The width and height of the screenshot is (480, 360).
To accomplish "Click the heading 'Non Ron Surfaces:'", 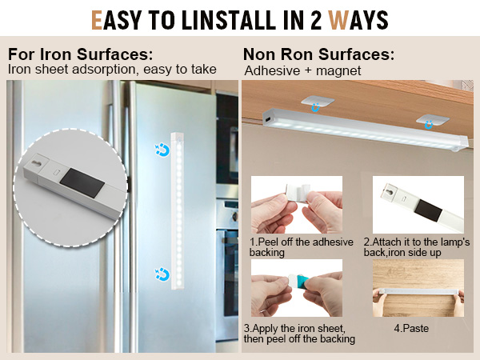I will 318,54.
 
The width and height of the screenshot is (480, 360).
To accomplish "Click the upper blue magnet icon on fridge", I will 161,148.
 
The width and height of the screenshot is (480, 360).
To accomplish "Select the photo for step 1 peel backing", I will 296,205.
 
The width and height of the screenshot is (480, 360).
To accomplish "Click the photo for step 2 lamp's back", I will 418,205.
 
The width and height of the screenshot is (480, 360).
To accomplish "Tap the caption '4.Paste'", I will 416,328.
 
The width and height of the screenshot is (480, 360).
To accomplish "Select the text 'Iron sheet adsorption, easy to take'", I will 112,70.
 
